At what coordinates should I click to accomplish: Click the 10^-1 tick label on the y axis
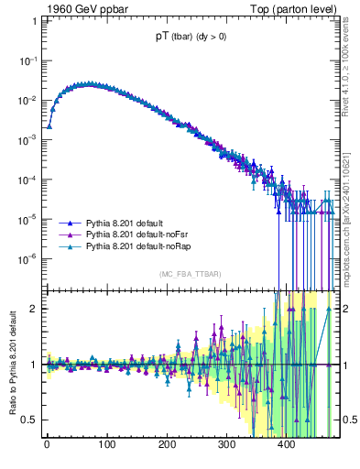click(x=27, y=60)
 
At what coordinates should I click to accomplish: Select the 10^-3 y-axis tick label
click(x=27, y=139)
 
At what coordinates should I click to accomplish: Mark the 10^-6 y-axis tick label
click(x=27, y=257)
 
